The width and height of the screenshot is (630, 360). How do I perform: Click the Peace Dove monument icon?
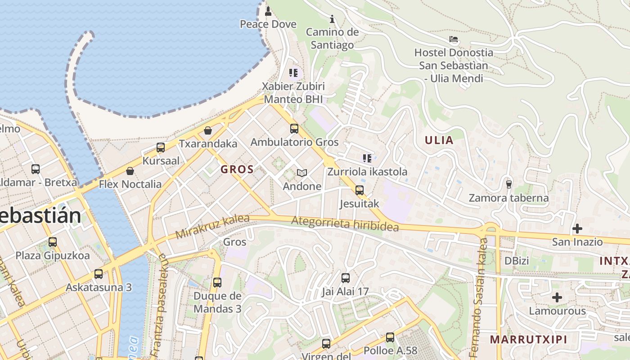click(268, 10)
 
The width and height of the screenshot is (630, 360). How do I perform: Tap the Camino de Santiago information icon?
click(332, 19)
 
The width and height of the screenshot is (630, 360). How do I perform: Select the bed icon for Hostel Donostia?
click(454, 39)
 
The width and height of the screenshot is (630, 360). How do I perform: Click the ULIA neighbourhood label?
click(439, 140)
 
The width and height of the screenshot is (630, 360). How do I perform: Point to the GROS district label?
click(237, 170)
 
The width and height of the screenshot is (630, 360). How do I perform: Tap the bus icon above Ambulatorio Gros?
click(294, 129)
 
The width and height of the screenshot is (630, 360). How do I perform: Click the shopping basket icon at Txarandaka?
click(208, 131)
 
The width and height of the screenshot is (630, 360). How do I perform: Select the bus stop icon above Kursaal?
click(161, 148)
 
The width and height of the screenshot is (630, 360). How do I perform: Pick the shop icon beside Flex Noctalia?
click(130, 171)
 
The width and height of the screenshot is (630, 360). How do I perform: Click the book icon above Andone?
click(302, 173)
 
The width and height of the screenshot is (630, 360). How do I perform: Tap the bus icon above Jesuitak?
click(359, 190)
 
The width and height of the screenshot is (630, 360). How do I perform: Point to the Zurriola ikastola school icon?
click(367, 158)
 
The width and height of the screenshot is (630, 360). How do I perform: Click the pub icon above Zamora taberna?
click(509, 184)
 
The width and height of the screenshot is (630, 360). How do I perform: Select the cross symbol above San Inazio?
click(577, 229)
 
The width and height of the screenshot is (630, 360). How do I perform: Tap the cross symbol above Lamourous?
click(557, 297)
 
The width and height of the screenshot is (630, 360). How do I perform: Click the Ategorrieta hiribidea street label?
click(345, 224)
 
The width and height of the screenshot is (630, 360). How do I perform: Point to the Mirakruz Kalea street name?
click(212, 226)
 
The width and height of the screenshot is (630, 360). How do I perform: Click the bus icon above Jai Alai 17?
click(346, 278)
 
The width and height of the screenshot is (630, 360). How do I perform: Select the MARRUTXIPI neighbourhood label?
click(528, 339)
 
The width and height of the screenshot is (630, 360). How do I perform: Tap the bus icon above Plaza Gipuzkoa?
click(53, 242)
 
